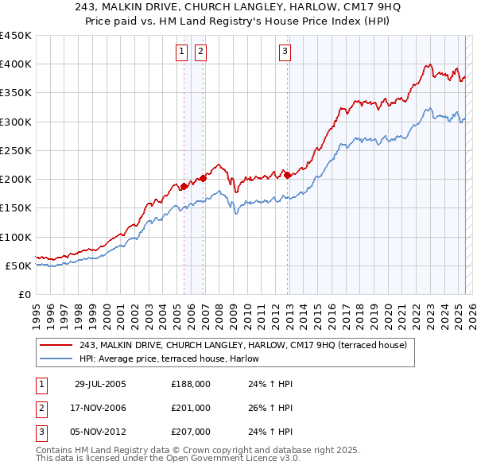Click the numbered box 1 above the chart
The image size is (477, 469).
click(182, 52)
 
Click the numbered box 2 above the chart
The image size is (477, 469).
click(200, 52)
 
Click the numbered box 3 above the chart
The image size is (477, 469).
click(285, 52)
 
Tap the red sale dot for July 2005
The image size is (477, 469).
click(184, 186)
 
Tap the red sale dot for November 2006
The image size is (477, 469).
click(203, 178)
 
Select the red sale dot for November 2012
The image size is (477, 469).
click(287, 175)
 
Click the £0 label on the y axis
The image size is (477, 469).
click(24, 294)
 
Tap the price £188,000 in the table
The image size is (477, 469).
click(191, 383)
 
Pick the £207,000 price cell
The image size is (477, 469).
click(191, 432)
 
